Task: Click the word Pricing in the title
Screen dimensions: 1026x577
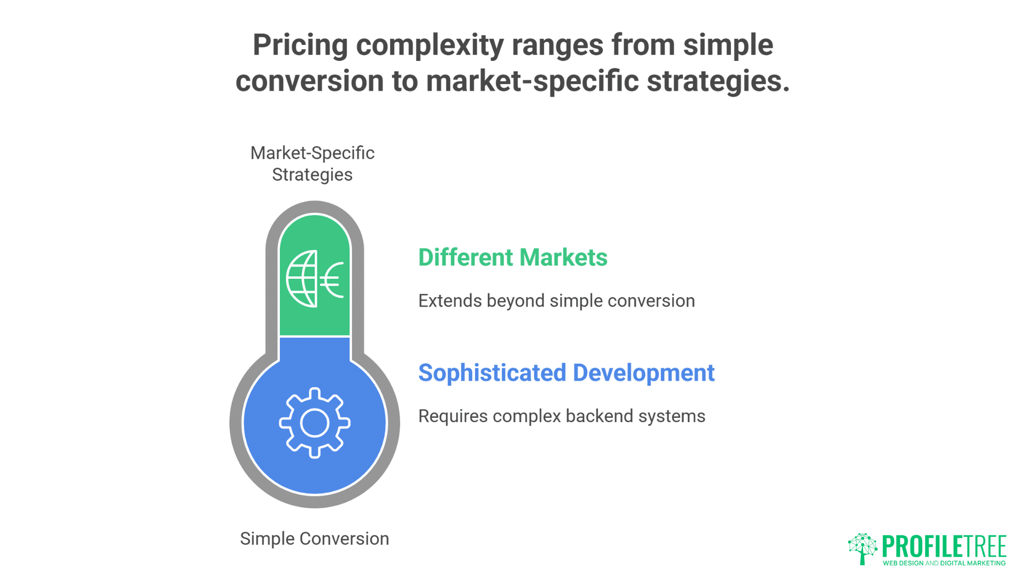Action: coord(300,46)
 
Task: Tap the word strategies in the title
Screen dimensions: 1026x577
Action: coord(718,81)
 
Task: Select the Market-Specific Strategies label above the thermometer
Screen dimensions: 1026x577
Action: coord(313,164)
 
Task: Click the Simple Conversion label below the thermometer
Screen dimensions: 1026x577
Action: coord(314,539)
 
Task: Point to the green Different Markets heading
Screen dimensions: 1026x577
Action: coord(513,258)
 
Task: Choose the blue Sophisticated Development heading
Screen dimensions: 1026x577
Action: coord(566,373)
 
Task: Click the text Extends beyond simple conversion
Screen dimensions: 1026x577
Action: coord(557,301)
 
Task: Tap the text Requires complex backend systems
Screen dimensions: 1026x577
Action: coord(562,416)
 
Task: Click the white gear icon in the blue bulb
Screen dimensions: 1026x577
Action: coord(315,423)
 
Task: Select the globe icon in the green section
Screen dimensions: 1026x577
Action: coord(302,279)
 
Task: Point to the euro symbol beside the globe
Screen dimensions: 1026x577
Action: coord(332,279)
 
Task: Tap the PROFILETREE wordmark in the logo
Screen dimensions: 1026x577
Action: coord(944,547)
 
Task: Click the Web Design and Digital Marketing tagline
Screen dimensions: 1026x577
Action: coord(944,563)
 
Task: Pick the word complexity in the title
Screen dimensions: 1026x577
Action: coord(430,46)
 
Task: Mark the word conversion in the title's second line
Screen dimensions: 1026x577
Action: coord(310,81)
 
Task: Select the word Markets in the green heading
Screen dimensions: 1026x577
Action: coord(563,258)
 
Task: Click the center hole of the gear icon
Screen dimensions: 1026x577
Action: coord(315,423)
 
